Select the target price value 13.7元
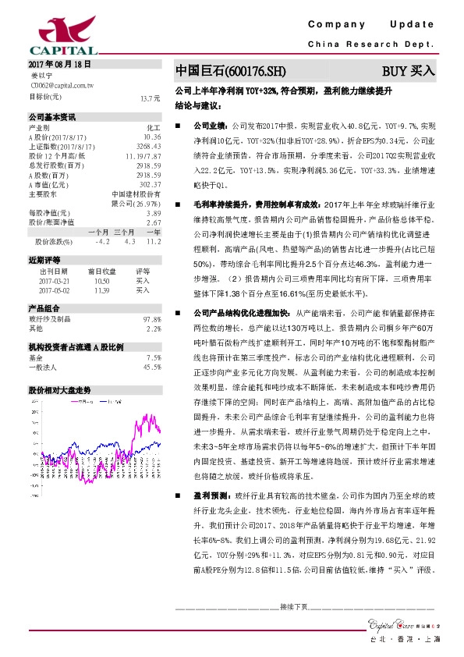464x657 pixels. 150,98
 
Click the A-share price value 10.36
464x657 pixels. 152,137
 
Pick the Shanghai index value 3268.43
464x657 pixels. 148,146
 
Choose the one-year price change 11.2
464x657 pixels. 154,241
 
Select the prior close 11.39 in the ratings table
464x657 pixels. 101,289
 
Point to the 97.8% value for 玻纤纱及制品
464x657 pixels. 152,319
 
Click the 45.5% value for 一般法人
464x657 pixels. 152,367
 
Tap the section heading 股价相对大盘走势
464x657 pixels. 60,389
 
